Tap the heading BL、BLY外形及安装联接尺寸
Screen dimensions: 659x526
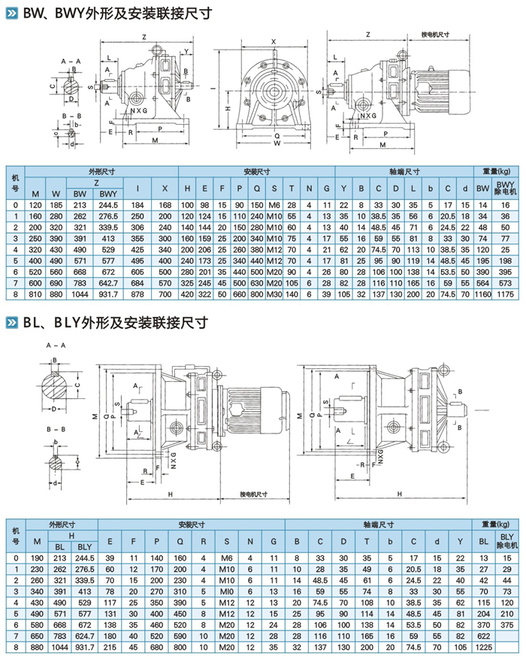click(113, 322)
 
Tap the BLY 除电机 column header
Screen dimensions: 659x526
click(505, 539)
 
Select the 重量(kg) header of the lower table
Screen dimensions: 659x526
click(494, 524)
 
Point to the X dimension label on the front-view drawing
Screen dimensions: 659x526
click(274, 41)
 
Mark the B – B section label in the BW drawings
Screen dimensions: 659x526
click(72, 115)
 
